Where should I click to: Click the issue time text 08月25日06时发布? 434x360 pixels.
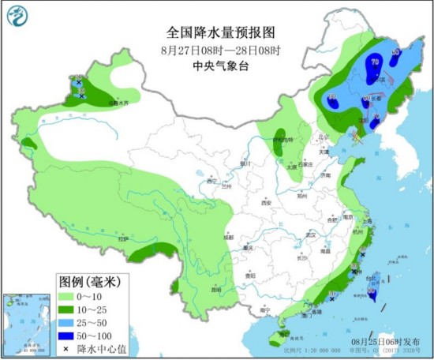(x=385, y=340)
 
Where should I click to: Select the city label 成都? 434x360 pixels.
(x=228, y=237)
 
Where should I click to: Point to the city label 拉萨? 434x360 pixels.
(x=122, y=239)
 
